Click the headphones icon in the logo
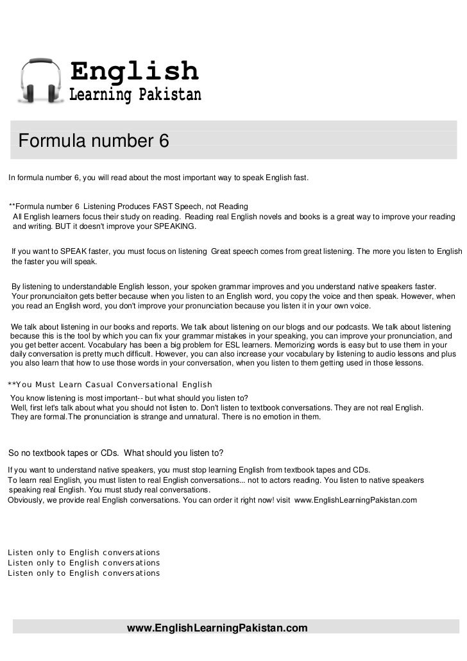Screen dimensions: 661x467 (41, 81)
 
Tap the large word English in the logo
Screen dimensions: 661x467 (134, 71)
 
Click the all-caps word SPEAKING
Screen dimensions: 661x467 (174, 228)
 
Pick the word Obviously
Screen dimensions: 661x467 (25, 499)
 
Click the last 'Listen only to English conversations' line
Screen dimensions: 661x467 (83, 573)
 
